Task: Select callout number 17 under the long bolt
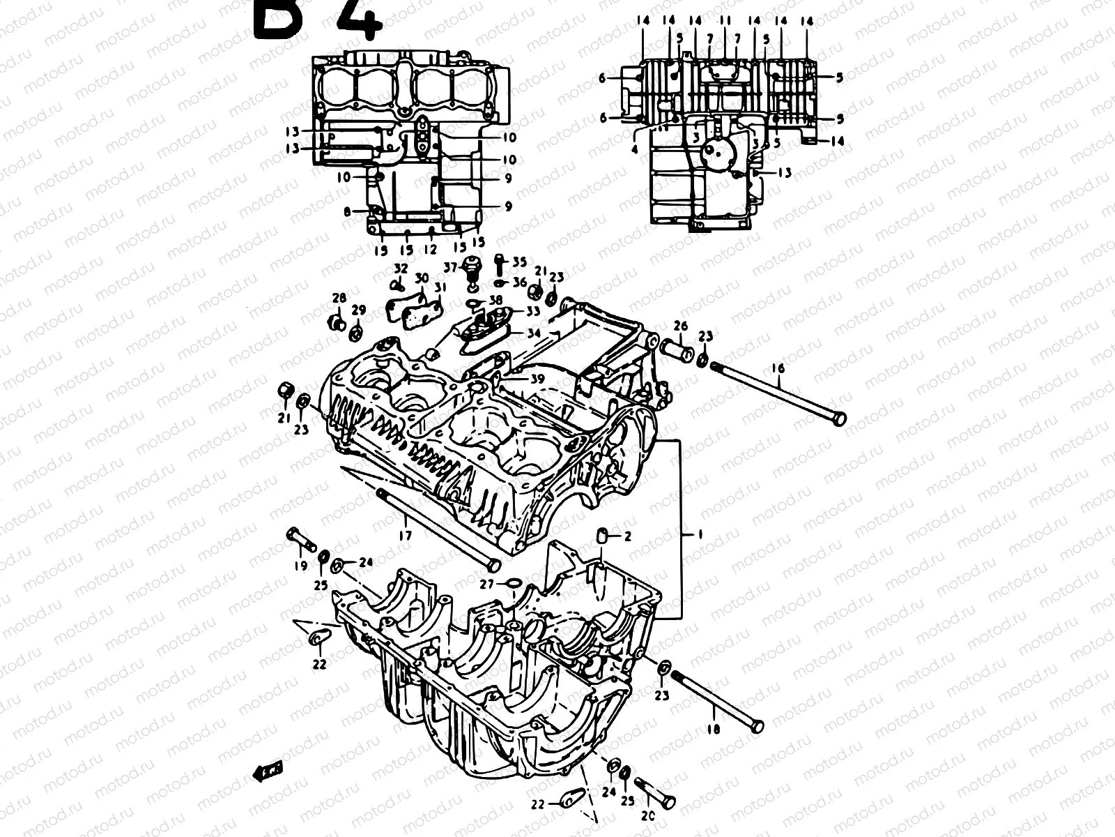(406, 536)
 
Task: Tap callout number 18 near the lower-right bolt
(713, 728)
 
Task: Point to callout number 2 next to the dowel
(627, 536)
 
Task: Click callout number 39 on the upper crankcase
(537, 378)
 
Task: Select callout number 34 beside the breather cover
(534, 333)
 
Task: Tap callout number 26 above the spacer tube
(681, 326)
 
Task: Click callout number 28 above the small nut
(339, 298)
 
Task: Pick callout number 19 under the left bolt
(300, 566)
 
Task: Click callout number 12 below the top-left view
(431, 249)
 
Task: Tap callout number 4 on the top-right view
(634, 149)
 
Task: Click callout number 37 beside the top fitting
(451, 267)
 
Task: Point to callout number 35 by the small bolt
(520, 262)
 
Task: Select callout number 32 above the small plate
(401, 268)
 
